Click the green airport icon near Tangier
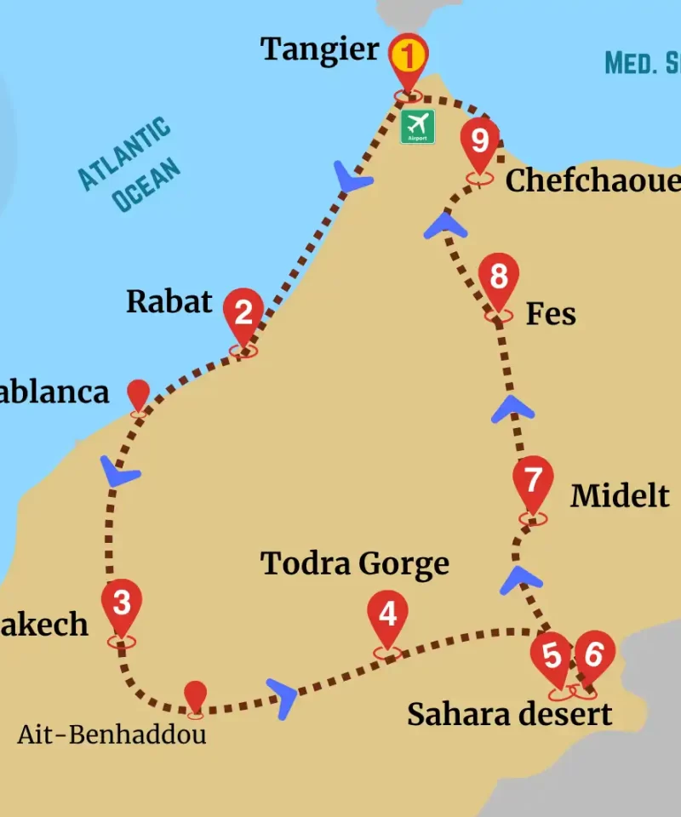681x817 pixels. click(x=418, y=126)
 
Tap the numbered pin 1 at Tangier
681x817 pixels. click(x=409, y=58)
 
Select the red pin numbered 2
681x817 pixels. click(x=243, y=313)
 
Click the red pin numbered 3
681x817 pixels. click(x=122, y=603)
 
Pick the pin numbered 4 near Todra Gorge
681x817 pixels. click(x=387, y=614)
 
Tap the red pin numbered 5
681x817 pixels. click(x=552, y=656)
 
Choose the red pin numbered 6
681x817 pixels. click(x=594, y=654)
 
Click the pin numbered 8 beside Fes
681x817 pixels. click(x=499, y=277)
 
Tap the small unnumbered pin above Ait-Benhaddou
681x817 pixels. click(x=196, y=694)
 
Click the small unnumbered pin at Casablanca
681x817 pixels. click(x=138, y=393)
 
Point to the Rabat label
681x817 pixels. click(x=169, y=301)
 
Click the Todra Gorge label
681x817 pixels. click(x=355, y=563)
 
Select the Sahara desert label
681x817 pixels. click(x=509, y=714)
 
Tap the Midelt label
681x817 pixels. click(x=620, y=495)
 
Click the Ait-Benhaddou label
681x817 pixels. click(x=112, y=734)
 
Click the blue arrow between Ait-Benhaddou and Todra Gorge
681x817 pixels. click(x=283, y=696)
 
